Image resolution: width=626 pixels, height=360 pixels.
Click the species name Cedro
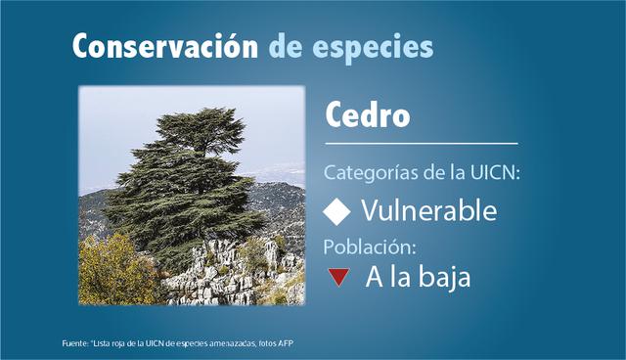[367, 117]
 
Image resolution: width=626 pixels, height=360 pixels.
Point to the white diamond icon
[336, 210]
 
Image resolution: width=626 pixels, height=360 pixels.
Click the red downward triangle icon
[338, 278]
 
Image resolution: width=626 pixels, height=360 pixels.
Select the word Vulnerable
[428, 210]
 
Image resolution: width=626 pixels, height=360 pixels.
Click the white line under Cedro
[421, 144]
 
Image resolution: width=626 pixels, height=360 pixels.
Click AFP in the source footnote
[285, 342]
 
